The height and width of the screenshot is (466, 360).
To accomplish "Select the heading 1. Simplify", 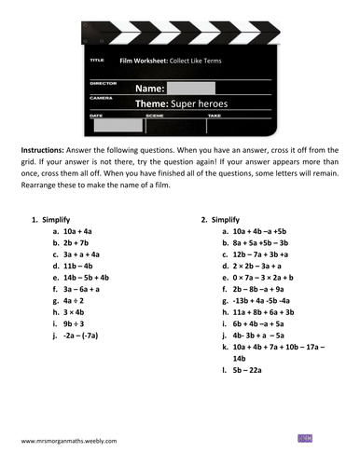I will point(53,219).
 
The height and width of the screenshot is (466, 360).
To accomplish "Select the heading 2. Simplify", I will point(222,219).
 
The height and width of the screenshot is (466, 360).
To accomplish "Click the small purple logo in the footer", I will point(304,436).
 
